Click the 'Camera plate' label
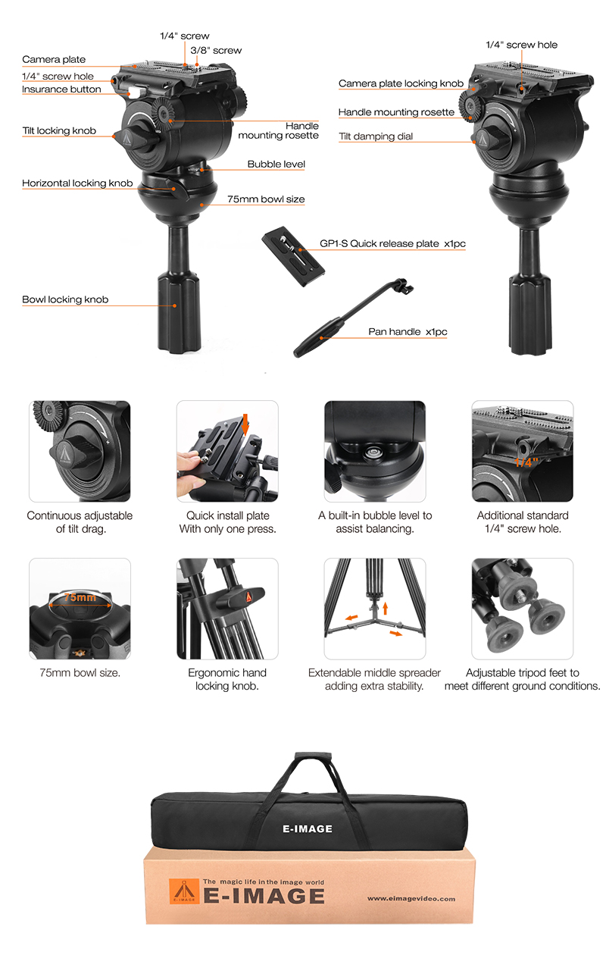54,59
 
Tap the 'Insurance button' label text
61,89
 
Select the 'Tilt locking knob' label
59,131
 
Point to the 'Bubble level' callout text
276,164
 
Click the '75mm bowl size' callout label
266,199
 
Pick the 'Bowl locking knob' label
65,299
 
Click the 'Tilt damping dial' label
376,136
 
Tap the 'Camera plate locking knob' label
401,83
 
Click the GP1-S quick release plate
293,256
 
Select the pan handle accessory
354,318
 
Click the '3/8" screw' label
216,51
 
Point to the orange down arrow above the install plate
245,424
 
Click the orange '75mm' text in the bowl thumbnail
80,597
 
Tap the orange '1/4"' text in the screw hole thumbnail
526,462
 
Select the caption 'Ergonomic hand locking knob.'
227,679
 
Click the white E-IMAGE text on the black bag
308,829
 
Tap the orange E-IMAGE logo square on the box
184,891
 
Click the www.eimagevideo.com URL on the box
411,899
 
